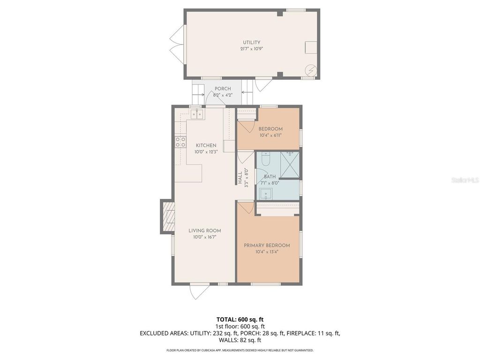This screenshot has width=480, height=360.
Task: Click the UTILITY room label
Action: pos(251,43)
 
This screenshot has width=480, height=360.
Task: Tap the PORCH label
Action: pos(223,89)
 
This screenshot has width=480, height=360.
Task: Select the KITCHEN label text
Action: pos(206,145)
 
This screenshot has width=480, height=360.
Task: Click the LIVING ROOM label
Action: pos(204,231)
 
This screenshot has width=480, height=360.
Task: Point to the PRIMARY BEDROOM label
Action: pos(267,246)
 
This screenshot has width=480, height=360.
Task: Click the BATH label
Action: pos(270,177)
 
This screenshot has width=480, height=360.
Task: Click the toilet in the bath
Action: pos(265,160)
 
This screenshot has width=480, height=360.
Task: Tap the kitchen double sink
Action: pos(196,114)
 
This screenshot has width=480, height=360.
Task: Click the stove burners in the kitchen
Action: pos(180,142)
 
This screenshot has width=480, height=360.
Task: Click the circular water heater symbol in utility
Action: pos(311,70)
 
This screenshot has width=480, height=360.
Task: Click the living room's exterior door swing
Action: pos(199,292)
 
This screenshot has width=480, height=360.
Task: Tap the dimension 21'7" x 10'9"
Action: pos(251,49)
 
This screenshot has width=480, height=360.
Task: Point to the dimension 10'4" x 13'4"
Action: pos(267,252)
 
